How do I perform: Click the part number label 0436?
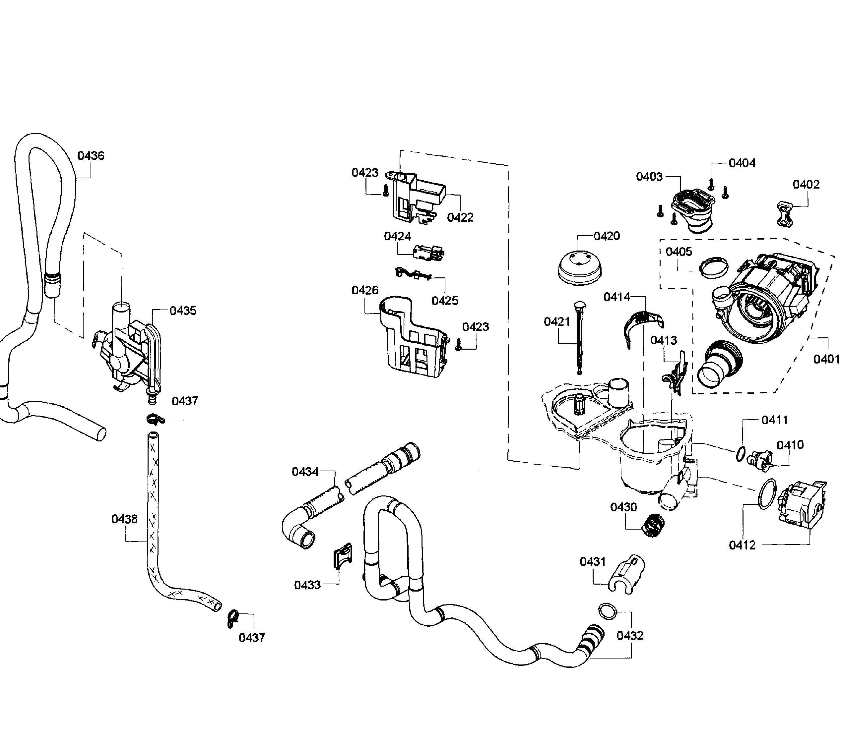[x=91, y=156]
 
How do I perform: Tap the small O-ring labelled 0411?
[x=740, y=454]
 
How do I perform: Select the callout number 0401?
[x=826, y=360]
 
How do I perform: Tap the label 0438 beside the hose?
[x=124, y=519]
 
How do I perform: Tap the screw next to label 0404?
[x=711, y=184]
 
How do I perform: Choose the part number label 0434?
[x=305, y=472]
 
